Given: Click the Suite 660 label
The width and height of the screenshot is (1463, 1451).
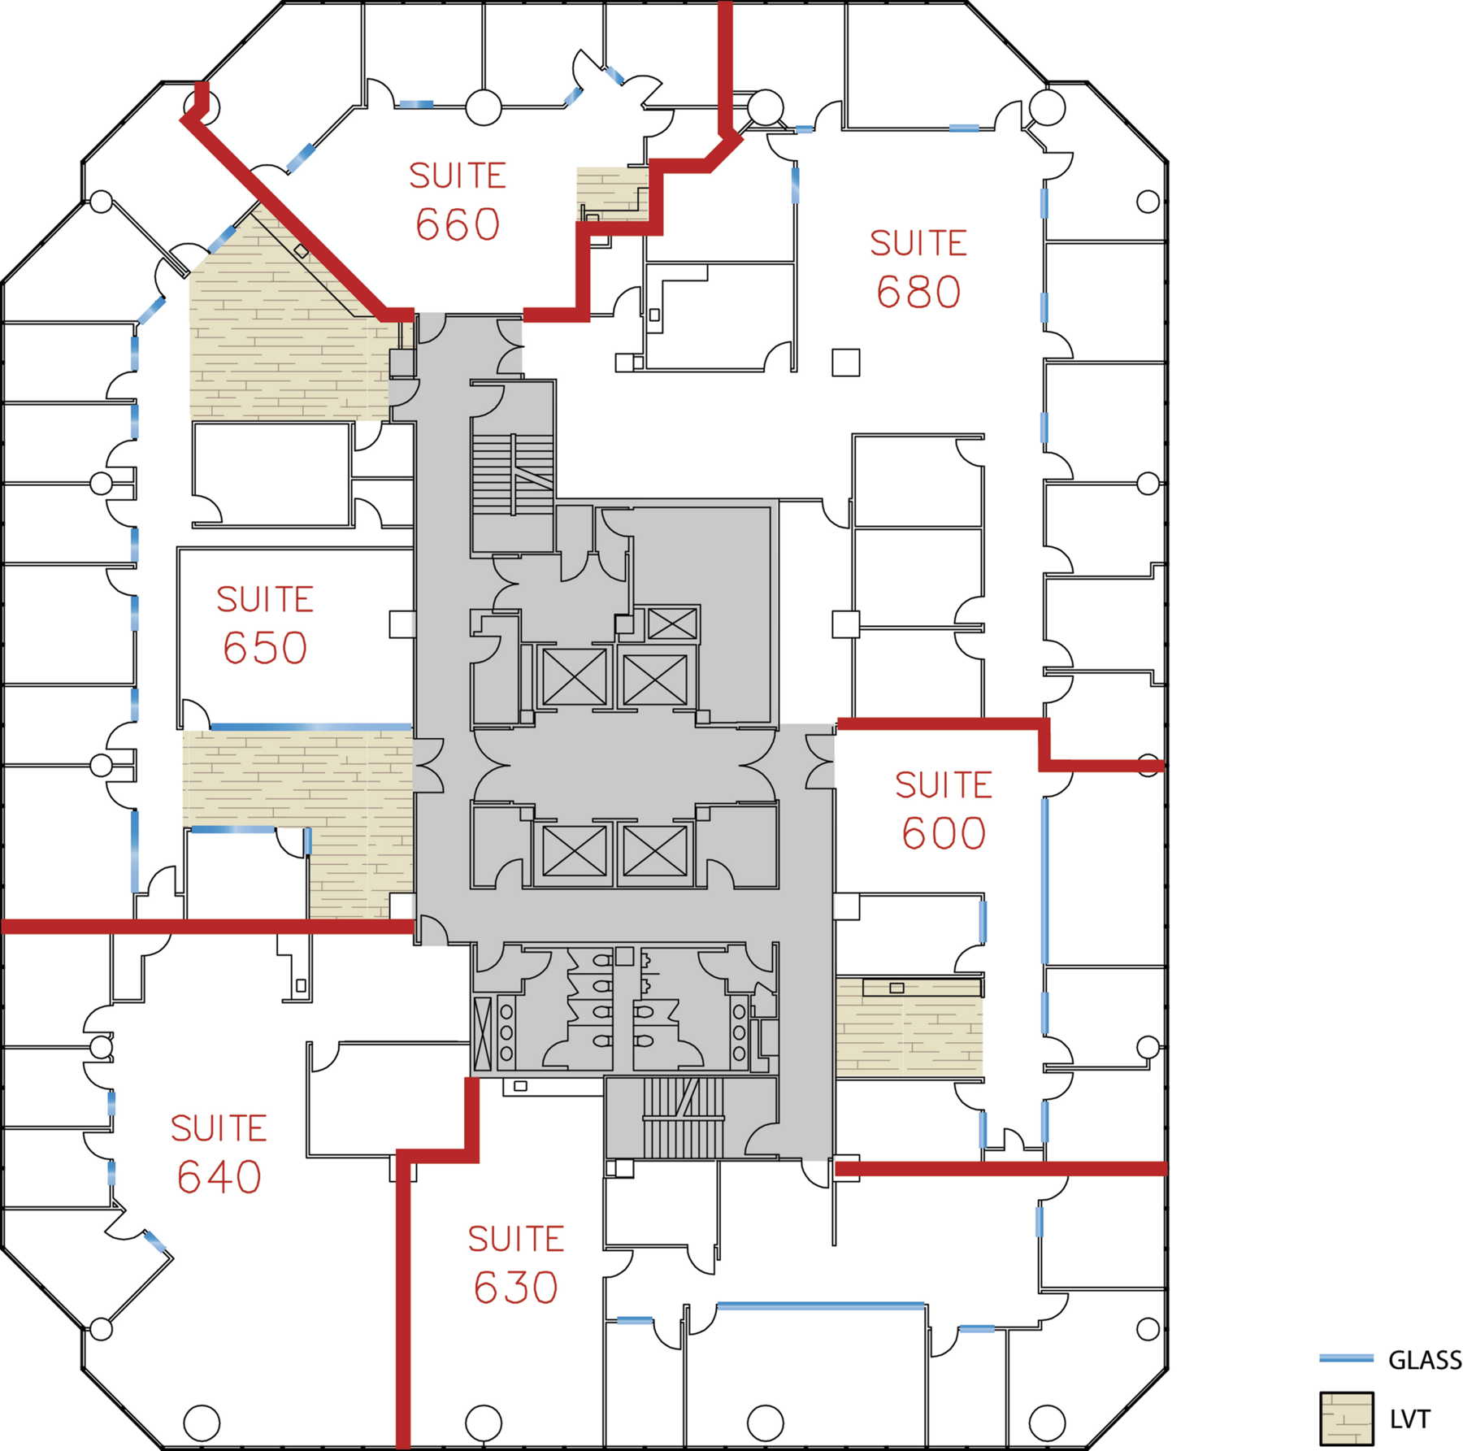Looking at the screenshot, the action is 458,201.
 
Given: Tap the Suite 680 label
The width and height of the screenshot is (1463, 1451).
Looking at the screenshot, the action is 918,269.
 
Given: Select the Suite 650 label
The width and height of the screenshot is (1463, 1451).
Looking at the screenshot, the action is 265,625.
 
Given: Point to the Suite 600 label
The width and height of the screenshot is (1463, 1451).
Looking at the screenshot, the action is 944,810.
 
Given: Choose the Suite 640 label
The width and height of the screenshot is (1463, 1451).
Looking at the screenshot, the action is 219,1153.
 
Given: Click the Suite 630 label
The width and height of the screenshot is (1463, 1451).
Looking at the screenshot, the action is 516,1264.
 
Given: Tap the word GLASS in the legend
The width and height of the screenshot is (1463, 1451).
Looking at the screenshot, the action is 1424,1360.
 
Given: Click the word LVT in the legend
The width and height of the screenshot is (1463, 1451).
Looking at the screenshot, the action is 1410,1419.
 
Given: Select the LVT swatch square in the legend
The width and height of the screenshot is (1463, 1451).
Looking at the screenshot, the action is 1347,1419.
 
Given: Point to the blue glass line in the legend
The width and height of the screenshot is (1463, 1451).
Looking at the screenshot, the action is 1346,1358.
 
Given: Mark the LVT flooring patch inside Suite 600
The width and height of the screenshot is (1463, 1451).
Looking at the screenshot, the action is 909,1027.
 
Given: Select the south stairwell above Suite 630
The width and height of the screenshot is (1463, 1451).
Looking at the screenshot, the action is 684,1118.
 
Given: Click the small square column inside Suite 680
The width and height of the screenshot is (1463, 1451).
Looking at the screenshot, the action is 846,363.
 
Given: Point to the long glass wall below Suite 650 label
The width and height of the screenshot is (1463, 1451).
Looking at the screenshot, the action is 311,726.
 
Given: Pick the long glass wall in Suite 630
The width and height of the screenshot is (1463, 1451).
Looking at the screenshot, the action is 821,1306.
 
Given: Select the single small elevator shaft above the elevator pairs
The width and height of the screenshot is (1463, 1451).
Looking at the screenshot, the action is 672,624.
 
